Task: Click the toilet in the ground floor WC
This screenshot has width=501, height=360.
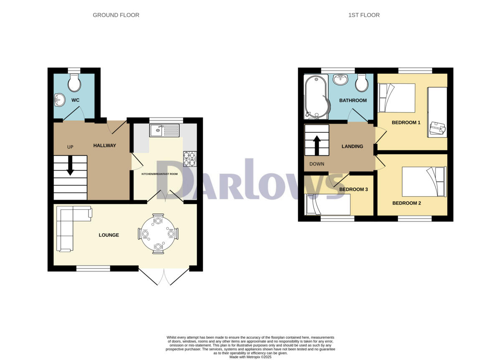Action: [75, 83]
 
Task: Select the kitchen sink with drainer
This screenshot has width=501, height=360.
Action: [164, 130]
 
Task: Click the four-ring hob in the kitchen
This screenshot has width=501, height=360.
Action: [189, 158]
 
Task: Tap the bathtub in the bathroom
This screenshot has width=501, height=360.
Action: [315, 96]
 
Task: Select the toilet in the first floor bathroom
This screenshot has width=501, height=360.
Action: [362, 83]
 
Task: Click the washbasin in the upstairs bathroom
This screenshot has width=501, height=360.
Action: [341, 79]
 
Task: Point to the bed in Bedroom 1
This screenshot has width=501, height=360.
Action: [397, 98]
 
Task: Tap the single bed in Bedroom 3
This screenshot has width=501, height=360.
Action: [327, 205]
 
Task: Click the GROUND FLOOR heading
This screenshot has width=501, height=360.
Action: [116, 15]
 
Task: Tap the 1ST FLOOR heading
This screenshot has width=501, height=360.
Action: [364, 15]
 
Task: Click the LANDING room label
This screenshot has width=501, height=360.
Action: [352, 147]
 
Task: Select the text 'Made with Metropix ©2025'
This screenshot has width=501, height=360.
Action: [250, 357]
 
